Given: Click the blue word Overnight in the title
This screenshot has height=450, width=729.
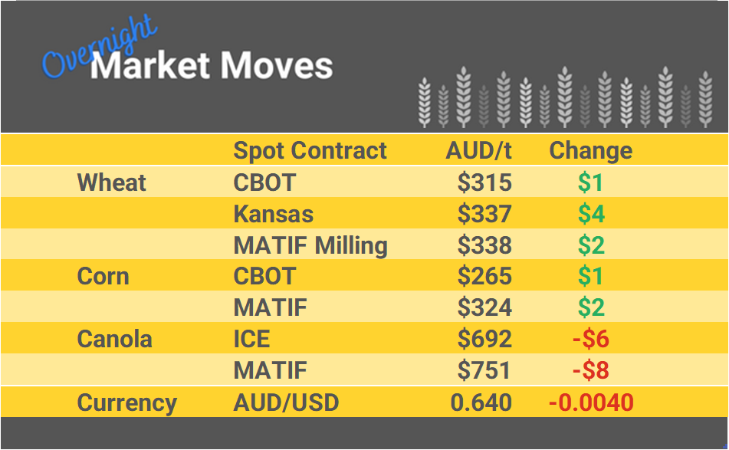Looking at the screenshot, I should (98, 47).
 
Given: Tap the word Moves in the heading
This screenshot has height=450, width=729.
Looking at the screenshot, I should (277, 66).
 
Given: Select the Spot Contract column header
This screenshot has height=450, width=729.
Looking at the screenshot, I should (310, 150).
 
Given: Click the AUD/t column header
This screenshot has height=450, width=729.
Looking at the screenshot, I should (478, 150).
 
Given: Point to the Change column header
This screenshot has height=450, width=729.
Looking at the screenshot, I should (590, 150).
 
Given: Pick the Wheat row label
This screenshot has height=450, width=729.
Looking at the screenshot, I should (111, 182).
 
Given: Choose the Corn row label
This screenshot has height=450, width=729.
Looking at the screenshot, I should (103, 276).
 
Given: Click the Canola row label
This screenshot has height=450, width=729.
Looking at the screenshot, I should (114, 339).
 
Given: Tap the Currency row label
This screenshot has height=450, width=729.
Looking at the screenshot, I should (126, 402).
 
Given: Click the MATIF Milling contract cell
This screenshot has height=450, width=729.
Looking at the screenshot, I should (310, 245).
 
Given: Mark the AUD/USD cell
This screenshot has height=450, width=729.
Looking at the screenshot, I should (286, 402).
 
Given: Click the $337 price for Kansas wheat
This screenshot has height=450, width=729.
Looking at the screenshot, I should (484, 214).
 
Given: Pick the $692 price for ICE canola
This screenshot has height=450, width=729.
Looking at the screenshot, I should (484, 339).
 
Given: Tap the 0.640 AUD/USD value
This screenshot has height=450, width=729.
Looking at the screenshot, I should (481, 402).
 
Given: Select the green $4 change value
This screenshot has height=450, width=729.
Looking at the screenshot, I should (591, 214).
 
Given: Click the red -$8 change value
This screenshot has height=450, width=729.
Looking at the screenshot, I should (590, 370).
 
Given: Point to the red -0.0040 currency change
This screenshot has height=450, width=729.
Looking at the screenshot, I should (590, 402).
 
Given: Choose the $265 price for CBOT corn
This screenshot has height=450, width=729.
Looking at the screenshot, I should (484, 276).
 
